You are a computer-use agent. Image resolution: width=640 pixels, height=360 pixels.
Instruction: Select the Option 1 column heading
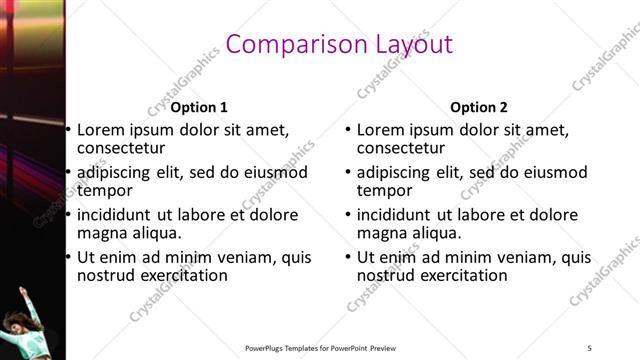tap(199, 107)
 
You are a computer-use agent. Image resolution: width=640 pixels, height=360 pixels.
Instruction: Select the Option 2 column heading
tap(478, 107)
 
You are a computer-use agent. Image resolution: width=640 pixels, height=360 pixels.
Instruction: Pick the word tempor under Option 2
tap(385, 190)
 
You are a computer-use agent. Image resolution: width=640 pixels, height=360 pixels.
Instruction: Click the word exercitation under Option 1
tap(181, 275)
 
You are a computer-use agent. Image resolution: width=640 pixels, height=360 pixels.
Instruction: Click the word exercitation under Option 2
tap(461, 275)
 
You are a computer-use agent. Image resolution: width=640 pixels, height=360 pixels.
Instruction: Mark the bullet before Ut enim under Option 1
tap(68, 257)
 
